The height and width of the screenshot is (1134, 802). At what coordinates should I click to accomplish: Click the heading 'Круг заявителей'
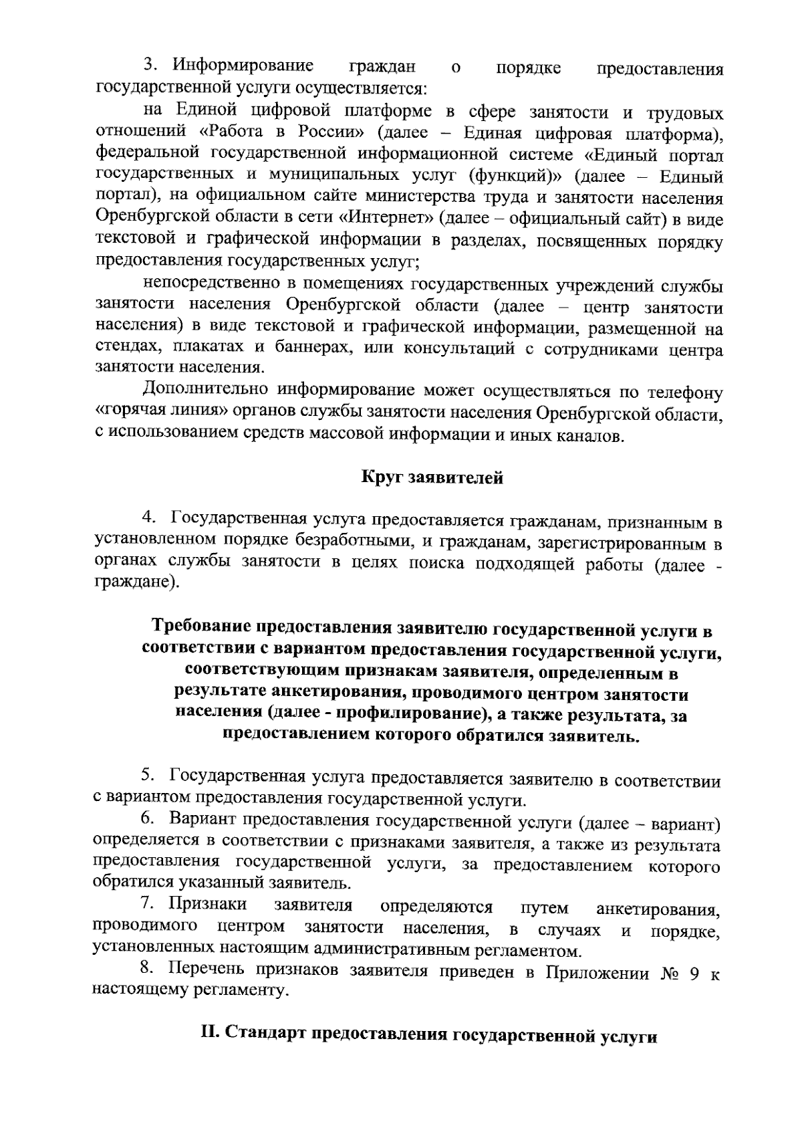432,478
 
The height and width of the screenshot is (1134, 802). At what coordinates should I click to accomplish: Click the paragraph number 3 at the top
150,66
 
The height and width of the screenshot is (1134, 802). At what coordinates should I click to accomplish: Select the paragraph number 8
146,968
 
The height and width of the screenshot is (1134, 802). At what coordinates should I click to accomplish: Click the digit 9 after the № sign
695,974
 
